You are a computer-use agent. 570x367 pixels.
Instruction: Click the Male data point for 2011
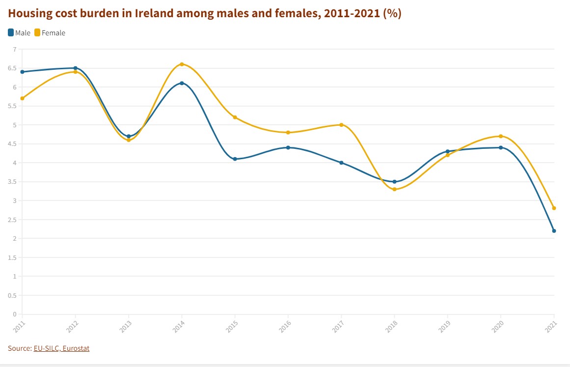(x=22, y=72)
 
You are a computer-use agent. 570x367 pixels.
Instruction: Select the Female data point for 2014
(x=182, y=64)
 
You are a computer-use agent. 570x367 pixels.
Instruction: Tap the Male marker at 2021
(x=554, y=231)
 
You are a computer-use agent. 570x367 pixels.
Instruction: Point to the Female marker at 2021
(x=554, y=208)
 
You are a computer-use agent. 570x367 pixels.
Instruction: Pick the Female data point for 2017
(x=341, y=125)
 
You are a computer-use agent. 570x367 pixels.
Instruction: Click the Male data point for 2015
(x=235, y=159)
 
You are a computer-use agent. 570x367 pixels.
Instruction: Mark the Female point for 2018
(x=394, y=189)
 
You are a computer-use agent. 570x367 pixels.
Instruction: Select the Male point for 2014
(x=182, y=83)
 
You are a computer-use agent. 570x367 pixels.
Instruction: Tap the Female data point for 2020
(x=501, y=136)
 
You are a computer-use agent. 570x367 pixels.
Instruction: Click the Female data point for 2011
(x=22, y=98)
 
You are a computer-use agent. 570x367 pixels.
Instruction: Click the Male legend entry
(x=19, y=33)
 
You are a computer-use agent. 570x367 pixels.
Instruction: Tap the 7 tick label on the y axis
(x=14, y=49)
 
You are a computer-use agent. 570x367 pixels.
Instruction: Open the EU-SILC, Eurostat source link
(x=61, y=348)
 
